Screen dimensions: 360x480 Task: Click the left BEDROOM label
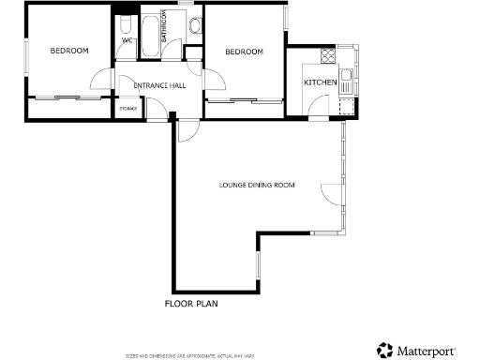[69, 51]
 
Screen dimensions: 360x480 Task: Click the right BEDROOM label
[244, 52]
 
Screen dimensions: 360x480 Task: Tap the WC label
[127, 40]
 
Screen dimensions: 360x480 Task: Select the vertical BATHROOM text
[164, 28]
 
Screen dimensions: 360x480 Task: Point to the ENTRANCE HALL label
[159, 85]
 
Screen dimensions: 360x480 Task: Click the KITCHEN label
[320, 83]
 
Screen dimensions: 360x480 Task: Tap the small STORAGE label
[127, 109]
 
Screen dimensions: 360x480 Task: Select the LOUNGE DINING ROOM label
[257, 186]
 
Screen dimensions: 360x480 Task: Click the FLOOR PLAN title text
[192, 304]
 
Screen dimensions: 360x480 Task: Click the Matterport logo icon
[383, 349]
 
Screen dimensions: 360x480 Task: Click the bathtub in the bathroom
[151, 36]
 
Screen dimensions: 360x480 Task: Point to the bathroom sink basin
[194, 27]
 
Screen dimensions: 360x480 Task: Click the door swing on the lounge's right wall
[333, 193]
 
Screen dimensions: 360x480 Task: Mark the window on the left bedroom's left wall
[26, 57]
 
